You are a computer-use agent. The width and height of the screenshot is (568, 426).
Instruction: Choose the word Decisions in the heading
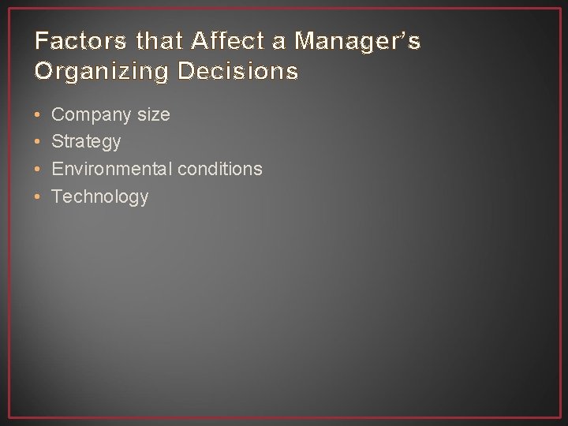[238, 71]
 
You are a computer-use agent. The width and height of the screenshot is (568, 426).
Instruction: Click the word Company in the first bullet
[92, 115]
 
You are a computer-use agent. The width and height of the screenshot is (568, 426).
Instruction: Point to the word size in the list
[153, 114]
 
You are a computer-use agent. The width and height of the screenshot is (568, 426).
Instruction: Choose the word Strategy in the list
[86, 142]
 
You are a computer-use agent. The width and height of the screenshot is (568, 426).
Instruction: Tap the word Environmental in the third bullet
[112, 169]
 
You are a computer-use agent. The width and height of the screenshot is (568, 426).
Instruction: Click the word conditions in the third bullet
[220, 169]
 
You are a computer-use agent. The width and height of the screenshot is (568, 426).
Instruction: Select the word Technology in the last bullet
[99, 196]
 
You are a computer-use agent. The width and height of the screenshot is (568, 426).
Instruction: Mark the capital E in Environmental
[57, 169]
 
